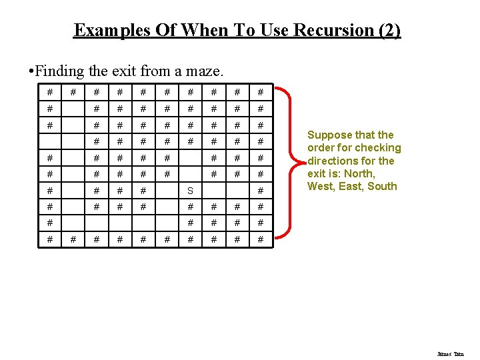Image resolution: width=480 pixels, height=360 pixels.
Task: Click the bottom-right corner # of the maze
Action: (x=261, y=239)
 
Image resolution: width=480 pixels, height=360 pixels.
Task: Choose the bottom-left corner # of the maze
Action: (x=49, y=239)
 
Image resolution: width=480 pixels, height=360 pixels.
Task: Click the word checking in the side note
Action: (x=379, y=147)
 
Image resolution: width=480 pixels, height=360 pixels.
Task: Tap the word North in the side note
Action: (x=361, y=173)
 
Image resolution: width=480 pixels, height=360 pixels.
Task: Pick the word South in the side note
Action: (x=382, y=186)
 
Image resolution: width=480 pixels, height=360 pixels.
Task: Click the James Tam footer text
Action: (x=450, y=354)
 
